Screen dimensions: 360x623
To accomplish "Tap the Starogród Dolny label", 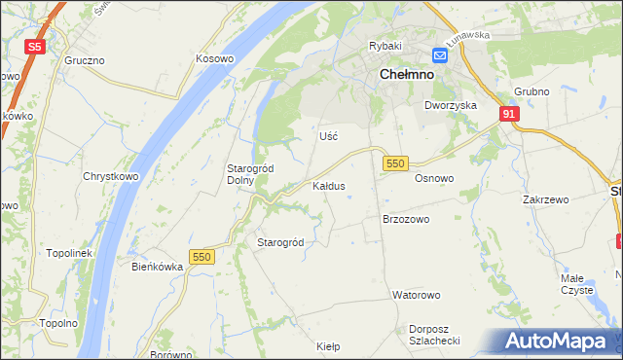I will pos(249,174).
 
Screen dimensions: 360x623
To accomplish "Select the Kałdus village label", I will pos(328,185).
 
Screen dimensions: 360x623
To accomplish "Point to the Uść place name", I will pos(329,136).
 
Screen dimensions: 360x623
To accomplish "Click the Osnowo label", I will pos(434,179).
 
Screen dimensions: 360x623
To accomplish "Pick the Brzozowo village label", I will pos(406,219).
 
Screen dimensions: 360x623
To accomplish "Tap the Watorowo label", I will pos(417,294).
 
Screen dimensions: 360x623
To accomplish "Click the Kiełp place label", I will pos(328,345).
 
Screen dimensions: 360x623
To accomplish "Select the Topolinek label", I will pos(68,253).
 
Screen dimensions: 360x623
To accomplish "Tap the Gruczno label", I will pos(85,59).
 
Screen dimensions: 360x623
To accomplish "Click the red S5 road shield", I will pos(35,46).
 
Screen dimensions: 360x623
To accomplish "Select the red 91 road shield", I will pos(510,114).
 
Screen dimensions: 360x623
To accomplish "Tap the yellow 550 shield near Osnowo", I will pos(394,163).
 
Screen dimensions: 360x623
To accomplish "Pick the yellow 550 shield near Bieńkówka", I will pos(202,257).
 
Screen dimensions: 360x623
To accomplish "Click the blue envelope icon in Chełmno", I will pos(440,55).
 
